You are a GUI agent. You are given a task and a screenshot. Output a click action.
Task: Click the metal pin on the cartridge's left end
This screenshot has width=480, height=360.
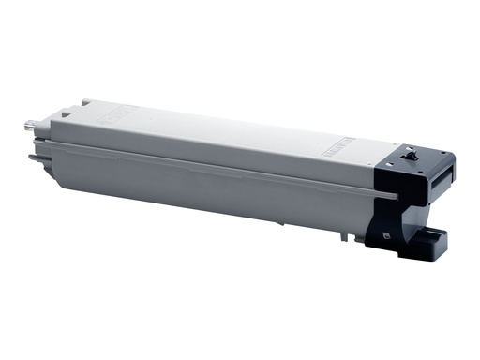tap(27, 123)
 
